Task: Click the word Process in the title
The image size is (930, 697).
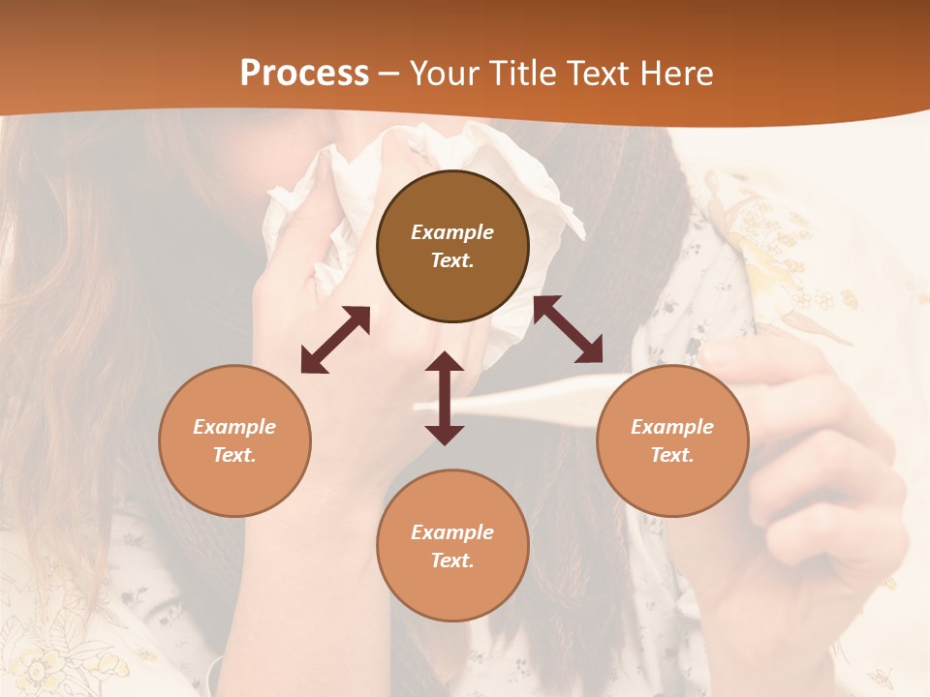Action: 304,74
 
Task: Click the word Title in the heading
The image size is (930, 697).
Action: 524,74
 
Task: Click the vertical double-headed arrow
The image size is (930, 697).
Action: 445,398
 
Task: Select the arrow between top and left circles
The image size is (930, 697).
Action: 335,340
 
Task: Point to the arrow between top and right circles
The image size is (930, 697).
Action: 568,329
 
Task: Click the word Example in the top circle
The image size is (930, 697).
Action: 452,232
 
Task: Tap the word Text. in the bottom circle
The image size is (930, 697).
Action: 452,561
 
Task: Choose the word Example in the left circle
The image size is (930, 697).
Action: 234,427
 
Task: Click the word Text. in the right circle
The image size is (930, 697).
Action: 672,455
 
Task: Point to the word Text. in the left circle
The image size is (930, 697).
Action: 234,455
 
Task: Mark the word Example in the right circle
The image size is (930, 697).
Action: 672,427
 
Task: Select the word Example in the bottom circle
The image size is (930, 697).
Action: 452,532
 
